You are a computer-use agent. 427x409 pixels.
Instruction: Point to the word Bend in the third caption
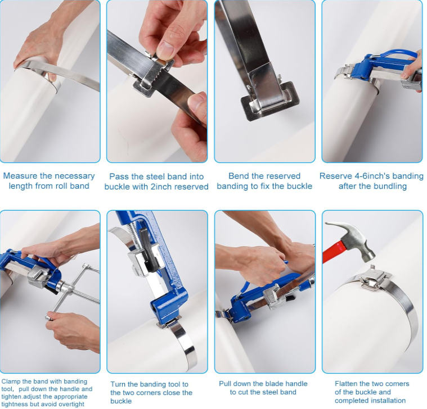(239, 176)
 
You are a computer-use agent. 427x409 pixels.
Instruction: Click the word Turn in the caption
(119, 384)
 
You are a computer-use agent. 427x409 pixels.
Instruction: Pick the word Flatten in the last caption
(348, 384)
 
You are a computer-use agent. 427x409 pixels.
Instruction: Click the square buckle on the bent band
(263, 102)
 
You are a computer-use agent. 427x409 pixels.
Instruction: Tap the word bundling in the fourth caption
(390, 186)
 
